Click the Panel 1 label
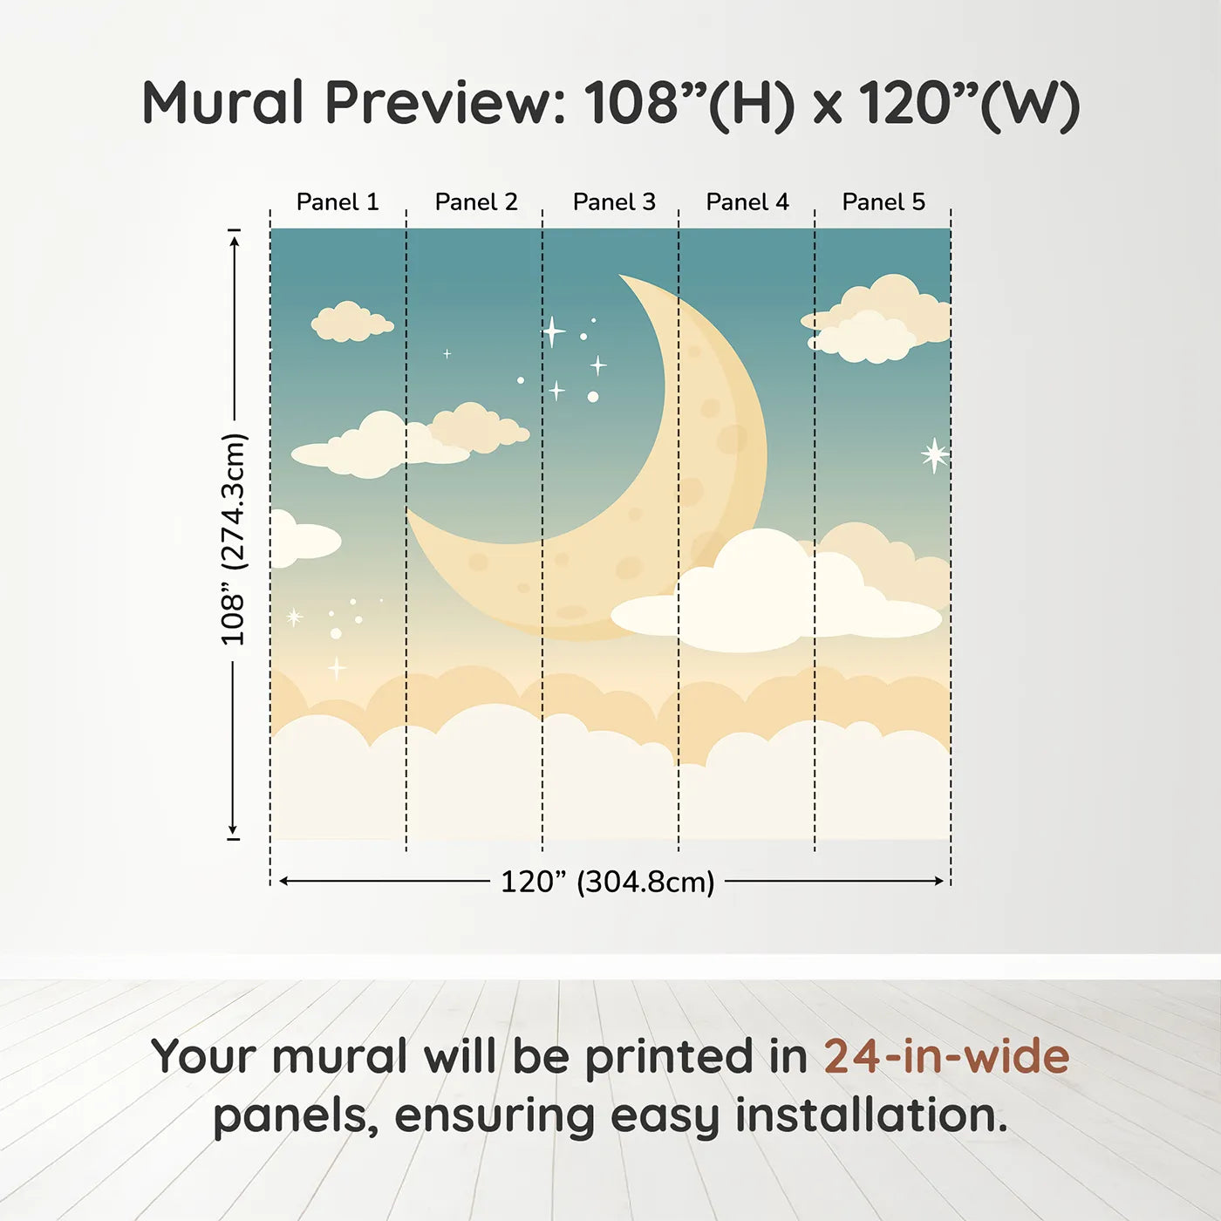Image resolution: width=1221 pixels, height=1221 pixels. pyautogui.click(x=338, y=202)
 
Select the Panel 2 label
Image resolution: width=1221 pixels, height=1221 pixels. pyautogui.click(x=476, y=202)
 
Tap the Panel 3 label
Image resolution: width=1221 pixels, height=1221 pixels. pyautogui.click(x=614, y=202)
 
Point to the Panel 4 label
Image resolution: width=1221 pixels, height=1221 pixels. pyautogui.click(x=747, y=202)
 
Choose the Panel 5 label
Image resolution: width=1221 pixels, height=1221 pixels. pyautogui.click(x=883, y=202)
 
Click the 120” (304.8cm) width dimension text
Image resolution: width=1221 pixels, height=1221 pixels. pyautogui.click(x=608, y=882)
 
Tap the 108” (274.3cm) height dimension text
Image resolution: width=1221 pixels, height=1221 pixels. pyautogui.click(x=232, y=540)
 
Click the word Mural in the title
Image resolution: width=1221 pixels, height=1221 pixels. pyautogui.click(x=223, y=102)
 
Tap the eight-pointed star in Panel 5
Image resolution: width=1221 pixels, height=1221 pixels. pyautogui.click(x=935, y=455)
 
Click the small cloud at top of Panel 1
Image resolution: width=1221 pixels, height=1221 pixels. pyautogui.click(x=351, y=322)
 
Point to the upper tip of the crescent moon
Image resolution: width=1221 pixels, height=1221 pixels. pyautogui.click(x=620, y=276)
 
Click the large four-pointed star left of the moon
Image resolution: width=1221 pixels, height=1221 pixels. pyautogui.click(x=553, y=331)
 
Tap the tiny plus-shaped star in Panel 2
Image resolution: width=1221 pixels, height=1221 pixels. pyautogui.click(x=447, y=353)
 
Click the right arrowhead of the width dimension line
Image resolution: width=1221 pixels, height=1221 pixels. pyautogui.click(x=939, y=881)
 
